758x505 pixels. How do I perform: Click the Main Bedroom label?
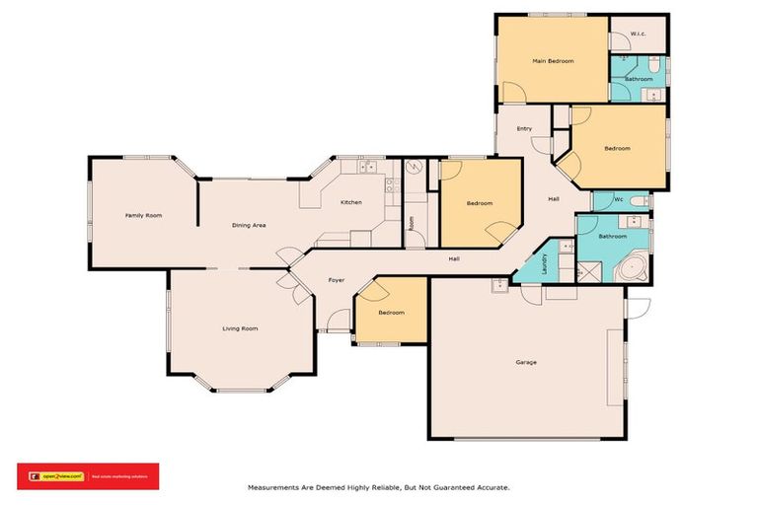[x=553, y=61]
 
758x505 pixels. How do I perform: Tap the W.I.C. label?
[x=638, y=35]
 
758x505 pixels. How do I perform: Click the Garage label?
[x=526, y=362]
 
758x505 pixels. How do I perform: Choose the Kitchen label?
[x=350, y=202]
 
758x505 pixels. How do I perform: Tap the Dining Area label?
[x=249, y=225]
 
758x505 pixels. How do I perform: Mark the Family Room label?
[x=143, y=214]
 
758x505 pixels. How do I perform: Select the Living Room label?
[x=240, y=328]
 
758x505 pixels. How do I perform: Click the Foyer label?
[x=336, y=281]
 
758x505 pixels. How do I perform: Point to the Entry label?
[x=524, y=128]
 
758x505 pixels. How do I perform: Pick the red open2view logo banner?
[x=88, y=475]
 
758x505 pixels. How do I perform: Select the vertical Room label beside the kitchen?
[x=412, y=224]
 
